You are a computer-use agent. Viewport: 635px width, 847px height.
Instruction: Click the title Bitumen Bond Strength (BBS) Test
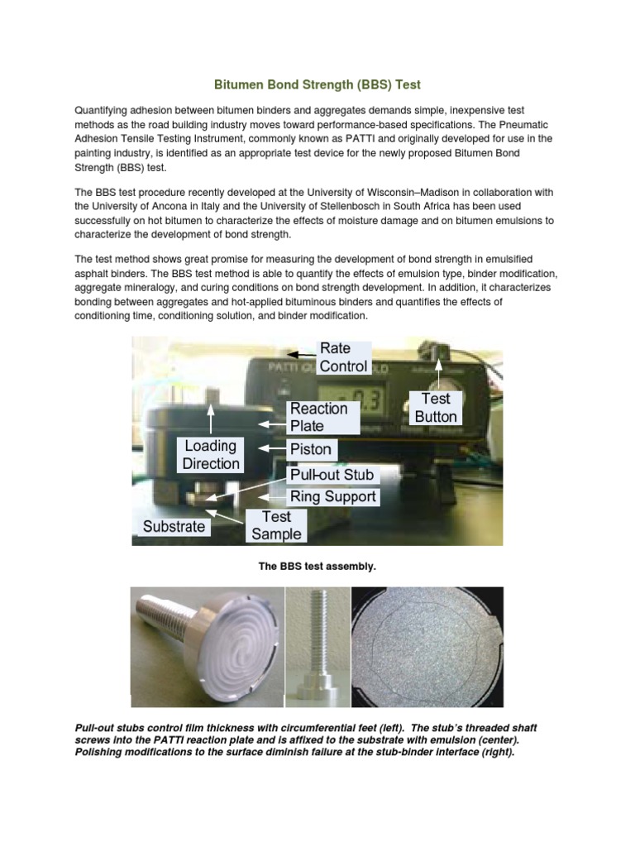(x=317, y=84)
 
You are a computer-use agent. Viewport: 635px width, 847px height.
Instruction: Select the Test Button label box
(x=435, y=408)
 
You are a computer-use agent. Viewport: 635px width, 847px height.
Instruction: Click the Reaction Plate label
(x=318, y=417)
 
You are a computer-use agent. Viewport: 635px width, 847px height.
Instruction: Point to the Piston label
(x=311, y=449)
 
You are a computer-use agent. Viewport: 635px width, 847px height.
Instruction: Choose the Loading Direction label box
(x=211, y=455)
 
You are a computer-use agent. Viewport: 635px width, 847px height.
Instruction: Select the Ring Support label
(x=332, y=496)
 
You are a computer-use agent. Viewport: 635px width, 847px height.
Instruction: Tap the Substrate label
(x=174, y=526)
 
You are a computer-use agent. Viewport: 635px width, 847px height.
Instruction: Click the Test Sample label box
(x=276, y=525)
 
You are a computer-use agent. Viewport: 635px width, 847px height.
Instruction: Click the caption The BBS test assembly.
(x=317, y=567)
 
